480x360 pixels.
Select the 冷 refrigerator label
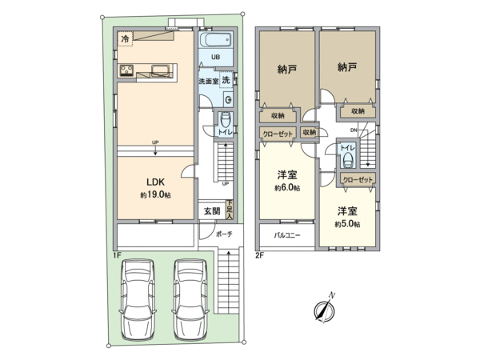pos(124,38)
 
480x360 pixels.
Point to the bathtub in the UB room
pos(215,40)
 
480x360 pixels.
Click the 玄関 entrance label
pos(210,211)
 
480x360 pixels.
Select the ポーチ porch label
pos(224,235)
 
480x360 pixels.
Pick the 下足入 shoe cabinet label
pos(229,210)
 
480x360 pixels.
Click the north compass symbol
pos(325,308)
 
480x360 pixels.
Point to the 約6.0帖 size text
pos(286,188)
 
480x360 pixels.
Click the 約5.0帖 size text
pos(347,224)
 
